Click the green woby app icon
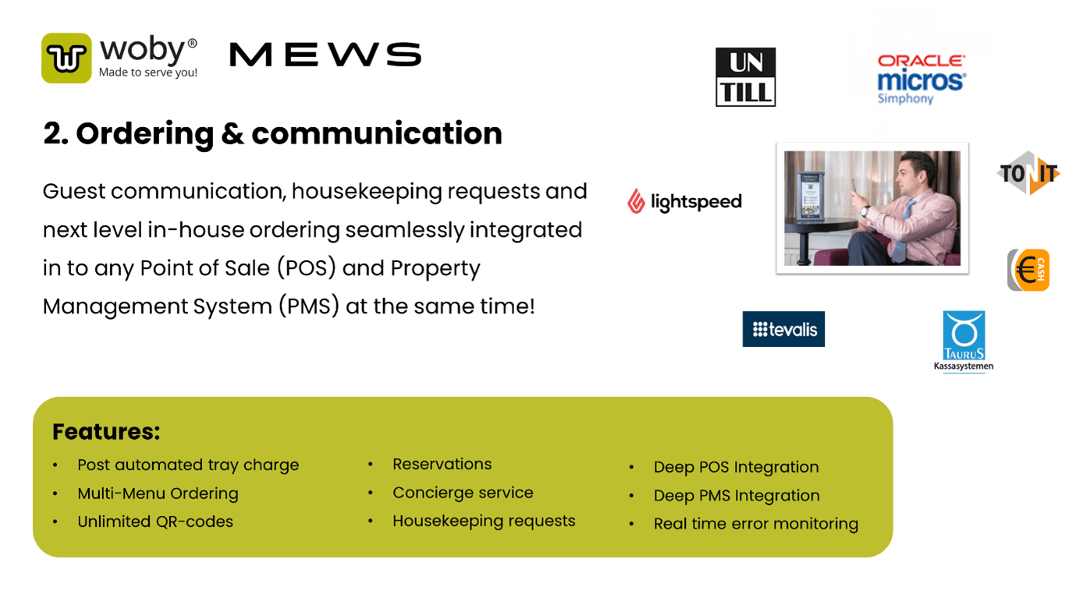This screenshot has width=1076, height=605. (x=66, y=58)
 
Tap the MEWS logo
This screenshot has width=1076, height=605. (x=325, y=55)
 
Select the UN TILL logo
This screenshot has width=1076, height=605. (x=745, y=76)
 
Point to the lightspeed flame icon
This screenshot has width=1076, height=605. (x=636, y=201)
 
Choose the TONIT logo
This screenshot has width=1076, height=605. (x=1028, y=173)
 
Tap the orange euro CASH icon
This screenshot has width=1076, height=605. (x=1028, y=270)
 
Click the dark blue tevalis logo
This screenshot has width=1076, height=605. (x=783, y=329)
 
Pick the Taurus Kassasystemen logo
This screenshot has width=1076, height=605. (x=964, y=341)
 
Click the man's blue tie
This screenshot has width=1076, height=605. (x=902, y=230)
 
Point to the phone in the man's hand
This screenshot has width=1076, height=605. (x=854, y=186)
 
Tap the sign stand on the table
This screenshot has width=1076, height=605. (x=810, y=196)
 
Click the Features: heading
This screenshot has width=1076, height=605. (x=106, y=431)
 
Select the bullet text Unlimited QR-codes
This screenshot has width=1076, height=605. (x=155, y=522)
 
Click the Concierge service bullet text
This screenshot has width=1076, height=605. (x=463, y=493)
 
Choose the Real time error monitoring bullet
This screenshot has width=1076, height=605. (x=755, y=524)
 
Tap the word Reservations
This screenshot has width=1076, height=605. (x=442, y=464)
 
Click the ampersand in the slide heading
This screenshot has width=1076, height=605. (x=233, y=134)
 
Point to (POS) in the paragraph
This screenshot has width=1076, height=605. (x=306, y=267)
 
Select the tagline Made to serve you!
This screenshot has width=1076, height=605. (x=148, y=73)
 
